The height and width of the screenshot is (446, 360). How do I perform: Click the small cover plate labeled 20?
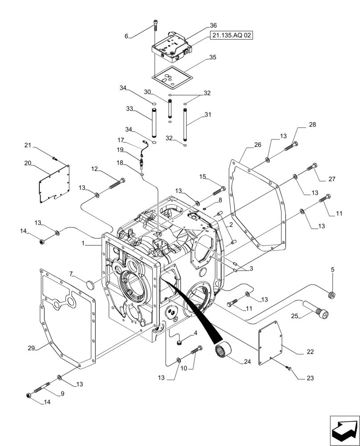pos(54,183)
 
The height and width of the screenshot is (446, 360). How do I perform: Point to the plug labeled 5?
pos(331,294)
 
